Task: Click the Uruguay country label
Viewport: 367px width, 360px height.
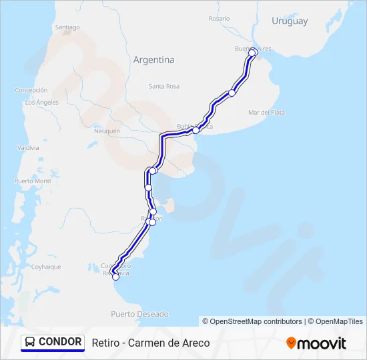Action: coord(290,21)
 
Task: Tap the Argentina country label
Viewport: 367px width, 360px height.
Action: coord(153,59)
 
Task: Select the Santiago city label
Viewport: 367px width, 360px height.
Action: coord(67,27)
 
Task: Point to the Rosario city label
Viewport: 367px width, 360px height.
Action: coord(219,19)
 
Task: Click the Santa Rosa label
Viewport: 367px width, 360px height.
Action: coord(164,86)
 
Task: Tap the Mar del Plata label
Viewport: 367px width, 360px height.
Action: coord(266,113)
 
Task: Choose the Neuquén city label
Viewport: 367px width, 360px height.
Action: coord(107,131)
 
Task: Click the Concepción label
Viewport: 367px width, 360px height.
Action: coord(31,90)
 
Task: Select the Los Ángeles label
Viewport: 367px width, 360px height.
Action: coord(41,103)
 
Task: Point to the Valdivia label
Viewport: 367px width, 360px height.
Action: coord(27,147)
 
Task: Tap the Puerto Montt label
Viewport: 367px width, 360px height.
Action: coord(33,181)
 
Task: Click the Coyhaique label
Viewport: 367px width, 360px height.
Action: coord(46,267)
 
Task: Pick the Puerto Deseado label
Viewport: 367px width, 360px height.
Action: coord(140,313)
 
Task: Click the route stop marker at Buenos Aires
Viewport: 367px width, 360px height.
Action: coord(252,52)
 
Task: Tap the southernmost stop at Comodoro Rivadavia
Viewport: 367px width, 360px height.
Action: coord(115,278)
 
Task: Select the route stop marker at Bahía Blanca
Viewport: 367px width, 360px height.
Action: coord(196,130)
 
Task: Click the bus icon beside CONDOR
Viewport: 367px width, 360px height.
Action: coord(30,342)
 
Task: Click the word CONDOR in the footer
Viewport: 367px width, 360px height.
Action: coord(60,342)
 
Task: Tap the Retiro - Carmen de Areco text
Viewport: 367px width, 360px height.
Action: coord(151,343)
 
